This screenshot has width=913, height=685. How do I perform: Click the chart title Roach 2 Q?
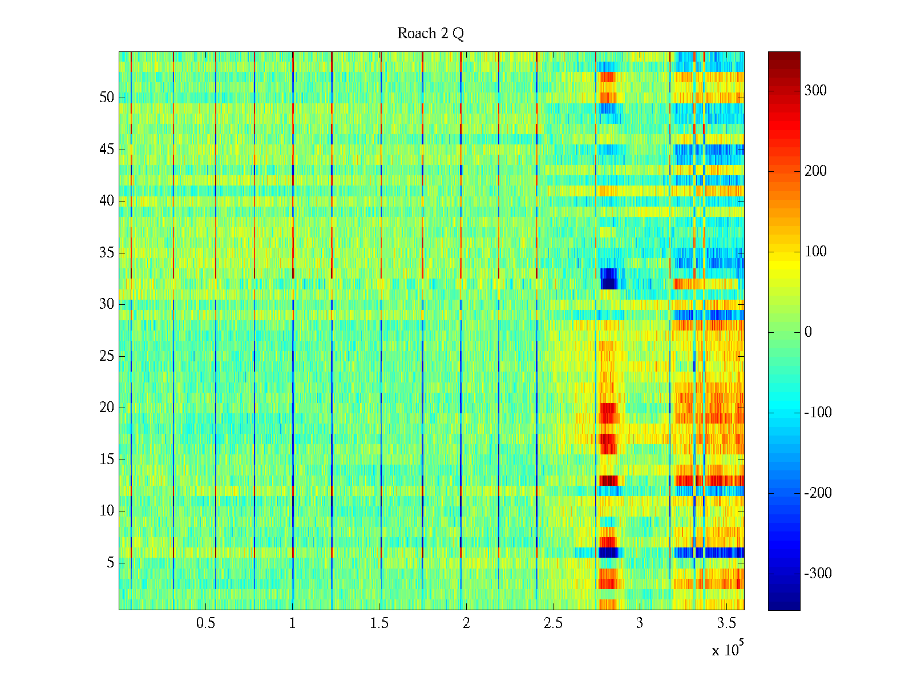click(x=430, y=34)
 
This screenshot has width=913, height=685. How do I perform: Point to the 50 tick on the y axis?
click(x=107, y=98)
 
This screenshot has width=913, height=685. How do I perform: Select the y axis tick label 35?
click(x=107, y=253)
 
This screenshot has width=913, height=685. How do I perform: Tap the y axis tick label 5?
click(x=110, y=563)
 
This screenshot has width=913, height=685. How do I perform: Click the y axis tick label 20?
click(x=107, y=408)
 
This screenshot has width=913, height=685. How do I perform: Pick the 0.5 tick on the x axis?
click(x=205, y=623)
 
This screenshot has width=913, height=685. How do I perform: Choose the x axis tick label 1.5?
click(x=379, y=623)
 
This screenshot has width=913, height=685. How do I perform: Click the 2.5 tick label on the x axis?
click(x=552, y=623)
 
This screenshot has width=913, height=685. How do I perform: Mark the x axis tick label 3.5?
click(x=726, y=623)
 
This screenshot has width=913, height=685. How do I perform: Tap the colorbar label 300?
click(x=815, y=91)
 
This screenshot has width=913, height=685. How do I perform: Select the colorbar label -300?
click(x=818, y=574)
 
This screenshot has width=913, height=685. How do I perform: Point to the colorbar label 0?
click(x=808, y=332)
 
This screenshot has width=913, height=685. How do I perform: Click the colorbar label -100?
click(x=818, y=413)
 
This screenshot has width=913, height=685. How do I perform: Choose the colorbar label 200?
click(x=815, y=171)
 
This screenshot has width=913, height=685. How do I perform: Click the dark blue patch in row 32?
click(x=609, y=279)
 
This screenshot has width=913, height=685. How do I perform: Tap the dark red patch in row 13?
click(x=608, y=480)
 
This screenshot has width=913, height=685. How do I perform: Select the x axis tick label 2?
click(x=466, y=623)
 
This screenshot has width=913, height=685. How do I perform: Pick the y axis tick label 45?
click(x=107, y=150)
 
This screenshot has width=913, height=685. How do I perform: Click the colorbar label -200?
click(x=818, y=493)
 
